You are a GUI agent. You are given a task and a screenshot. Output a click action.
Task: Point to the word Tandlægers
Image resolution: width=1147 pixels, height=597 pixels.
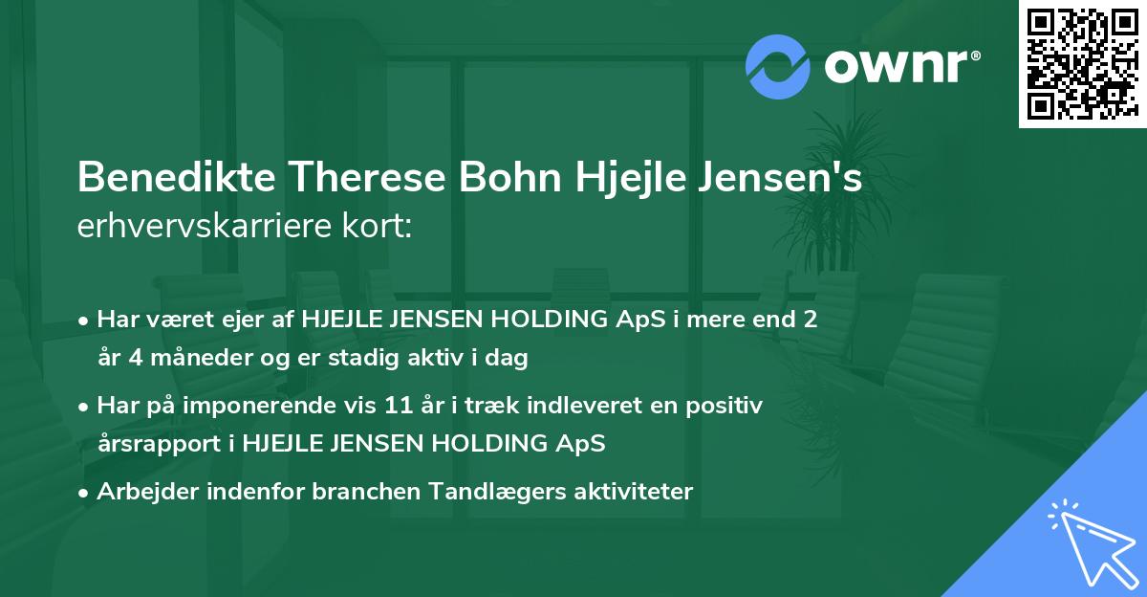coord(510,492)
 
